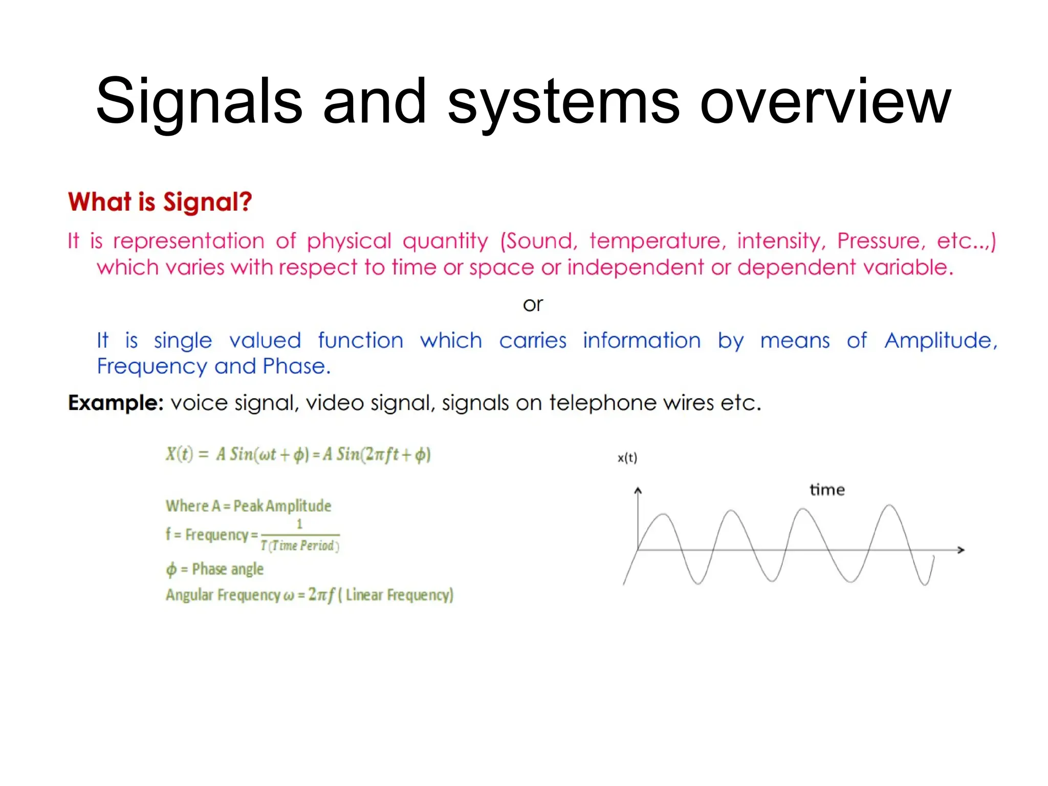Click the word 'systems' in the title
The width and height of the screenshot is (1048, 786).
click(x=563, y=102)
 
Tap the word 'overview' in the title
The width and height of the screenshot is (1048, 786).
click(x=825, y=102)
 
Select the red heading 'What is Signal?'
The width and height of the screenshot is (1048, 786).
click(x=160, y=202)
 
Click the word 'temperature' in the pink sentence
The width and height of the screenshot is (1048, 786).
click(x=657, y=241)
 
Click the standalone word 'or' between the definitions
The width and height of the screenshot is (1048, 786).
click(x=533, y=304)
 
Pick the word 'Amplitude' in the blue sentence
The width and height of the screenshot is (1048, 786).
click(x=941, y=340)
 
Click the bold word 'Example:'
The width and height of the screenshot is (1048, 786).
click(x=116, y=403)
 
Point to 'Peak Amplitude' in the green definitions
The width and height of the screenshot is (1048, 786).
click(x=282, y=506)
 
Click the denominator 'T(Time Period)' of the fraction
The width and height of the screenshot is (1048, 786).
click(x=300, y=545)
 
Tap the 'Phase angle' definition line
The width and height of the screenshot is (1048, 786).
click(x=215, y=569)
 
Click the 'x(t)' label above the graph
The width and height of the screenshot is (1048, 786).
click(x=627, y=458)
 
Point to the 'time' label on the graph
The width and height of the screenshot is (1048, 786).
click(x=827, y=490)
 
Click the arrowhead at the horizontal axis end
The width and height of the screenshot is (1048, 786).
click(x=961, y=550)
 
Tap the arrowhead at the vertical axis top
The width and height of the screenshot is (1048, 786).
click(x=638, y=491)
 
